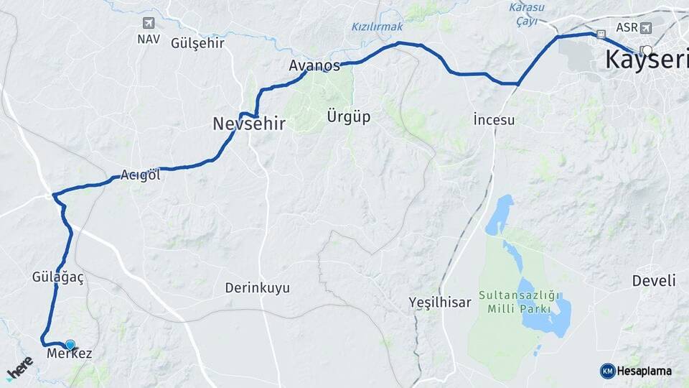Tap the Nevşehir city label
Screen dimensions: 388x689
[x=249, y=124]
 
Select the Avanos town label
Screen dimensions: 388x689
[x=314, y=65]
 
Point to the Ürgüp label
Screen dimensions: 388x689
[x=348, y=116]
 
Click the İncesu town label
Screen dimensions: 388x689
[x=494, y=120]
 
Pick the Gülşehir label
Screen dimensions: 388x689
[x=198, y=43]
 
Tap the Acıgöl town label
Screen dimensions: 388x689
[x=140, y=175]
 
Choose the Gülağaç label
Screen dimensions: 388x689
[x=58, y=277]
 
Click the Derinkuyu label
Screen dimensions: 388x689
[x=258, y=288]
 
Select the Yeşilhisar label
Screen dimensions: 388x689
[x=440, y=302]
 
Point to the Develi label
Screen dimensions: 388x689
[x=654, y=281]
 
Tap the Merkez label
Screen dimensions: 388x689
[x=69, y=354]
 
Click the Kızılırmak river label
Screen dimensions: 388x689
[x=378, y=27]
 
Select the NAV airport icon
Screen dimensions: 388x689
[x=149, y=23]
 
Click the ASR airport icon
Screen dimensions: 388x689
[x=645, y=28]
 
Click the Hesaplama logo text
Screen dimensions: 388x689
[x=645, y=371]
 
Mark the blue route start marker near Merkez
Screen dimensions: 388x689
[x=70, y=345]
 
